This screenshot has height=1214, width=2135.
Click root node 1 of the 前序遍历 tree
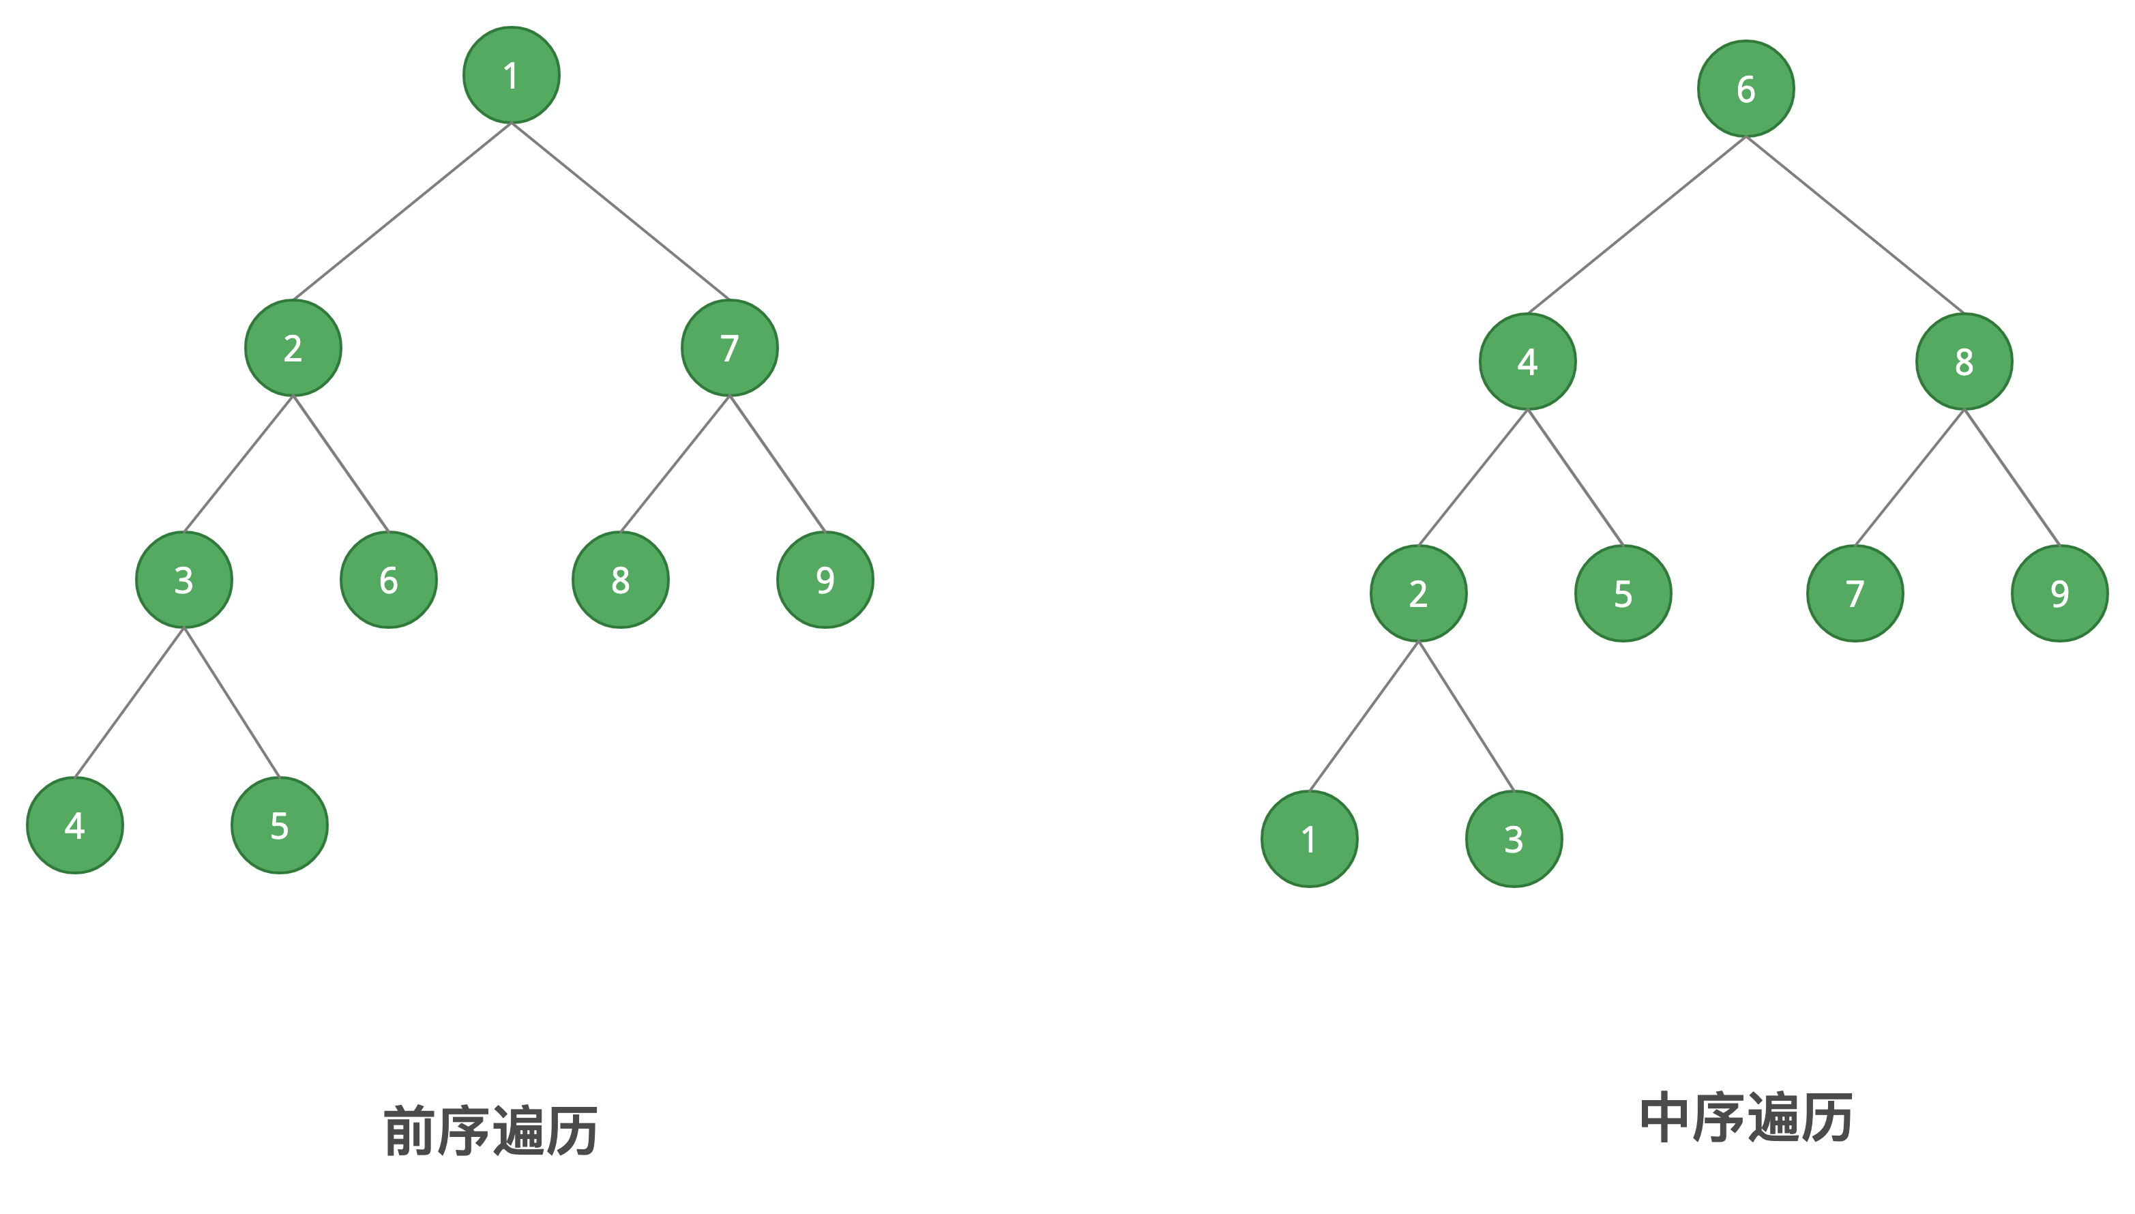click(511, 75)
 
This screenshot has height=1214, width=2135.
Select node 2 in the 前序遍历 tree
click(293, 348)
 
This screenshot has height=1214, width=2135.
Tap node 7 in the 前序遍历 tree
click(729, 348)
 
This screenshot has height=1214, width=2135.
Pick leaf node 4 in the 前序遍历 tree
click(75, 825)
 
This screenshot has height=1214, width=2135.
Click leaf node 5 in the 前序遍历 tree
click(279, 825)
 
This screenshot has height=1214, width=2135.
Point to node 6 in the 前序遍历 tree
click(389, 580)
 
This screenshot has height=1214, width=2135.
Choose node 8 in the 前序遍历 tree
click(620, 580)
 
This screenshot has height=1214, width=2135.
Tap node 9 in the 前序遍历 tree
click(825, 580)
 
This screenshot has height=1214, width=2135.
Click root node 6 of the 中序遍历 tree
click(1746, 89)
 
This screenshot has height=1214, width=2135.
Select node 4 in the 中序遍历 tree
click(1527, 361)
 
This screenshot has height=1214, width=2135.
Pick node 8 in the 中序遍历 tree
click(1964, 361)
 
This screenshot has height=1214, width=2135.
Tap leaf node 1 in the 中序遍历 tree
click(1309, 839)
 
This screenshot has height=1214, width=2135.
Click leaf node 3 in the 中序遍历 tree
click(1514, 839)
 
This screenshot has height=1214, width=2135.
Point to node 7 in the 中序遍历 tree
click(1855, 593)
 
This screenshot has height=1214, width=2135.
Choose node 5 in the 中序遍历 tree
click(1622, 593)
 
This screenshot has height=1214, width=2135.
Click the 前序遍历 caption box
click(491, 1131)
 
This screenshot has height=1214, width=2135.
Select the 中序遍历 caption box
click(1746, 1118)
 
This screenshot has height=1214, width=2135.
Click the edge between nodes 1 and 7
click(620, 211)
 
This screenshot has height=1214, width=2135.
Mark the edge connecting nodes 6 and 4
click(1636, 225)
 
